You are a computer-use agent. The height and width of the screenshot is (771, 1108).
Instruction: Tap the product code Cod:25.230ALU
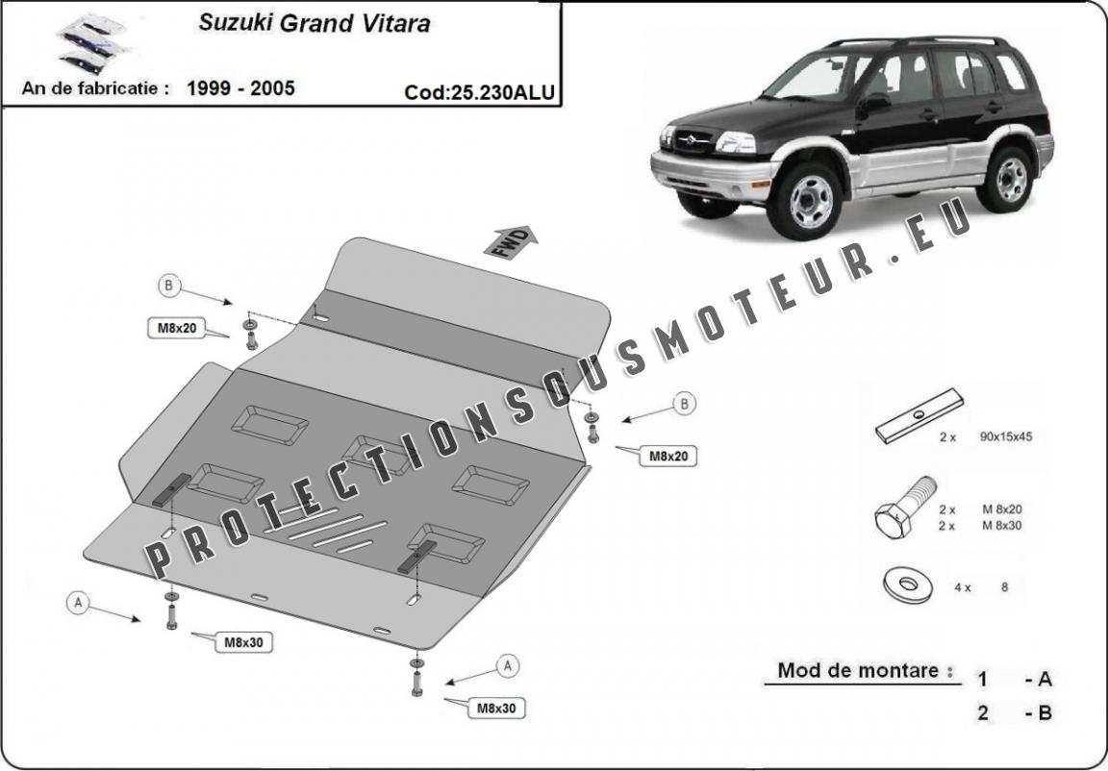480,92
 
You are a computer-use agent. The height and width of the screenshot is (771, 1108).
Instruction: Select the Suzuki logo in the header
80,43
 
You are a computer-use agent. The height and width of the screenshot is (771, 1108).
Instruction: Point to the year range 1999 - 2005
240,88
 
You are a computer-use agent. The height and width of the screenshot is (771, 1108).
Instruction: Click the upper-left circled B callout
169,285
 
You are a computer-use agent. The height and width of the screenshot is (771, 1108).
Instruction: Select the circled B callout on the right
684,405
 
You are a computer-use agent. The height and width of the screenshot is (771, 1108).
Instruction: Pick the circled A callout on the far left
78,604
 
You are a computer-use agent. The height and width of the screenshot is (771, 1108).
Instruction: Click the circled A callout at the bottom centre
508,664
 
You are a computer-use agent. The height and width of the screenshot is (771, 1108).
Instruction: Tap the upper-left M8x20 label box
177,328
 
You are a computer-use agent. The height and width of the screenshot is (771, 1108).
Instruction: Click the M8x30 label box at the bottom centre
497,709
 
